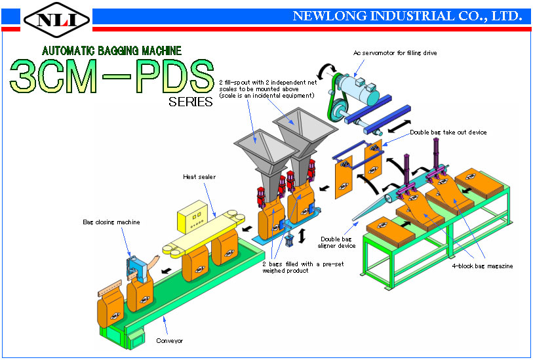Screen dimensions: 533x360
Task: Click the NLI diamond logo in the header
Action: pyautogui.click(x=57, y=20)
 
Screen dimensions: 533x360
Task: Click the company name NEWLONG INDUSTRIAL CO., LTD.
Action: pyautogui.click(x=407, y=16)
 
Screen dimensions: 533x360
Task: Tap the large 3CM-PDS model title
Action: pyautogui.click(x=112, y=77)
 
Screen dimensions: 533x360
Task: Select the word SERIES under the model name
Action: pyautogui.click(x=190, y=102)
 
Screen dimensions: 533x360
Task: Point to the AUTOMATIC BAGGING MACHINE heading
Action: pyautogui.click(x=111, y=50)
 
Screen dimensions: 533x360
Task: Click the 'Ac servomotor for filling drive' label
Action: pyautogui.click(x=395, y=53)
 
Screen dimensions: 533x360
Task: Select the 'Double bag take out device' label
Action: pyautogui.click(x=448, y=132)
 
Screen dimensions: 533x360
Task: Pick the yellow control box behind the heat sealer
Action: pyautogui.click(x=192, y=217)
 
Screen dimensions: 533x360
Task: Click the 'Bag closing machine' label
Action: pyautogui.click(x=111, y=222)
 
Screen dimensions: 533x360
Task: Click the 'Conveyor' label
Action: pyautogui.click(x=169, y=340)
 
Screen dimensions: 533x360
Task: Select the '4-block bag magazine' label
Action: pyautogui.click(x=482, y=266)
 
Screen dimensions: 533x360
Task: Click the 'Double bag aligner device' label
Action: pyautogui.click(x=336, y=243)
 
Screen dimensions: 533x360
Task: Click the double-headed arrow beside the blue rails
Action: pyautogui.click(x=399, y=126)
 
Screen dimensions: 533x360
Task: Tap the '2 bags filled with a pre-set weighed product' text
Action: pyautogui.click(x=303, y=267)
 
